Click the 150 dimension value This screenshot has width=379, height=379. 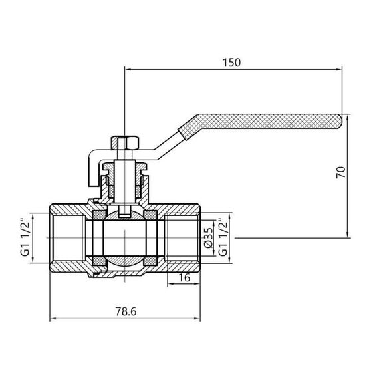(231, 62)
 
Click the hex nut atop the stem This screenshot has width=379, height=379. (124, 142)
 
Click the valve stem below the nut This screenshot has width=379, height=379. (124, 176)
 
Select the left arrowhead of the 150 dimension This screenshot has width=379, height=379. (126, 68)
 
